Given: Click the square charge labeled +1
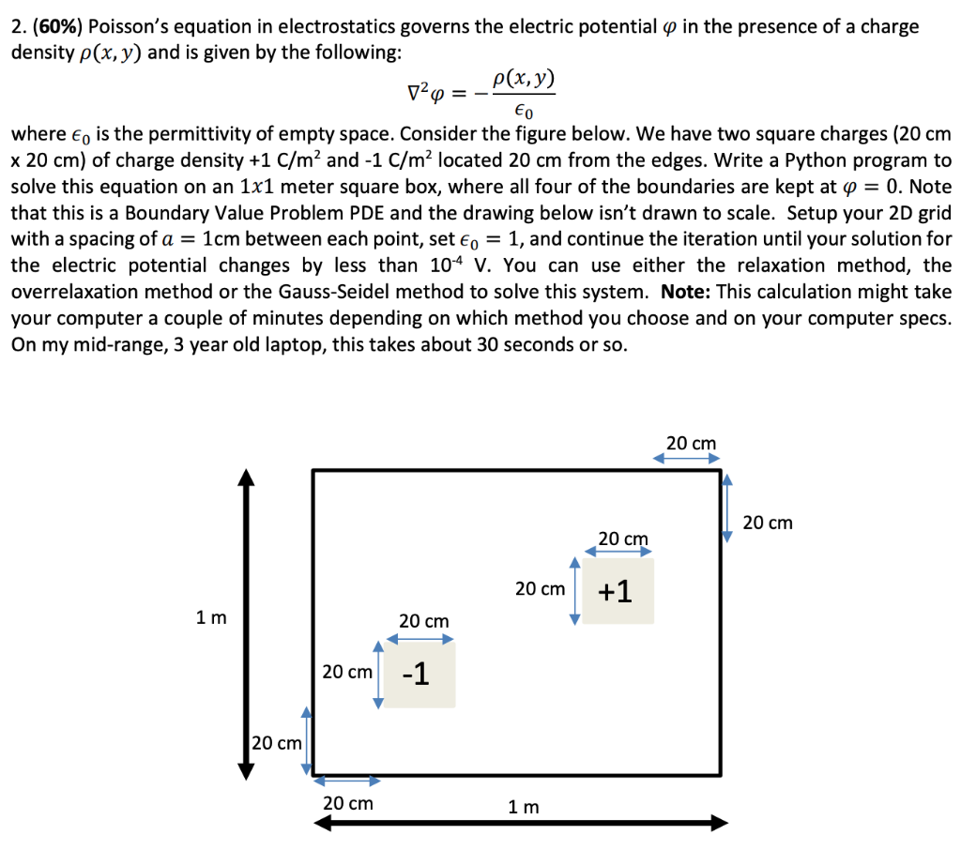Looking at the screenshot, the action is click(618, 591).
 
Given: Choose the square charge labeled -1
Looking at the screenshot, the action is click(419, 674).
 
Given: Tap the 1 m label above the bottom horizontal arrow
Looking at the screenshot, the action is click(523, 806).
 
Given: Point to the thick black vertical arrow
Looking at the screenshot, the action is click(246, 624).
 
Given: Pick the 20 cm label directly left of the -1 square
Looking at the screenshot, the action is click(346, 673).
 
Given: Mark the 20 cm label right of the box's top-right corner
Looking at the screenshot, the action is click(768, 523).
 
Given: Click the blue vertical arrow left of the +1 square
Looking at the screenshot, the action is click(575, 589).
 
